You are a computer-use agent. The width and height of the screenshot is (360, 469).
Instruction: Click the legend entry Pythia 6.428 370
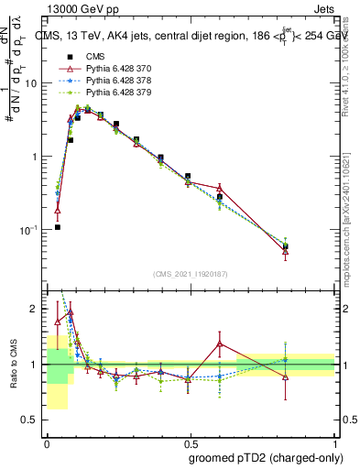pyautogui.click(x=120, y=70)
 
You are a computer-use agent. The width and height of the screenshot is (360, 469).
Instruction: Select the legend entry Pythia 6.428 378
pyautogui.click(x=120, y=82)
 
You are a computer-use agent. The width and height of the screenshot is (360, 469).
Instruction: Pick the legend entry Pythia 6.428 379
pyautogui.click(x=120, y=93)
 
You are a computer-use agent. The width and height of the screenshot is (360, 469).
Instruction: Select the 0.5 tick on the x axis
pyautogui.click(x=190, y=443)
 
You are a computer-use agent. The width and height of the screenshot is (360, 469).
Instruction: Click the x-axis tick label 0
pyautogui.click(x=47, y=443)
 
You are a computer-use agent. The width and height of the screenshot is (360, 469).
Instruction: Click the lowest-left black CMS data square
pyautogui.click(x=57, y=226)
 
